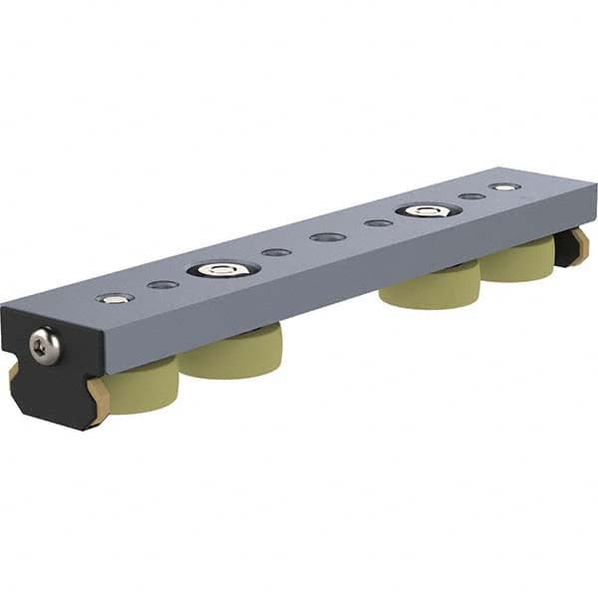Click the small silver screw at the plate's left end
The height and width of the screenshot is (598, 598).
click(115, 297)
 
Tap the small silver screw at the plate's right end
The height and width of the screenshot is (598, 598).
click(504, 186)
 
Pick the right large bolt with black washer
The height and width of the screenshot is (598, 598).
click(428, 210)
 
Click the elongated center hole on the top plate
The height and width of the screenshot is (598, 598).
click(327, 237)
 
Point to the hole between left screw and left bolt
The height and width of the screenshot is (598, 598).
click(162, 285)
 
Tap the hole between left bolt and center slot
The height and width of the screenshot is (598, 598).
click(276, 252)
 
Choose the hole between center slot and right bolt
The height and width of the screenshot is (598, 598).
click(378, 223)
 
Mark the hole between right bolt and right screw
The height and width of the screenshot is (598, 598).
click(471, 196)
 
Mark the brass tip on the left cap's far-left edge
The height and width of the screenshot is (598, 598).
click(13, 371)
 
